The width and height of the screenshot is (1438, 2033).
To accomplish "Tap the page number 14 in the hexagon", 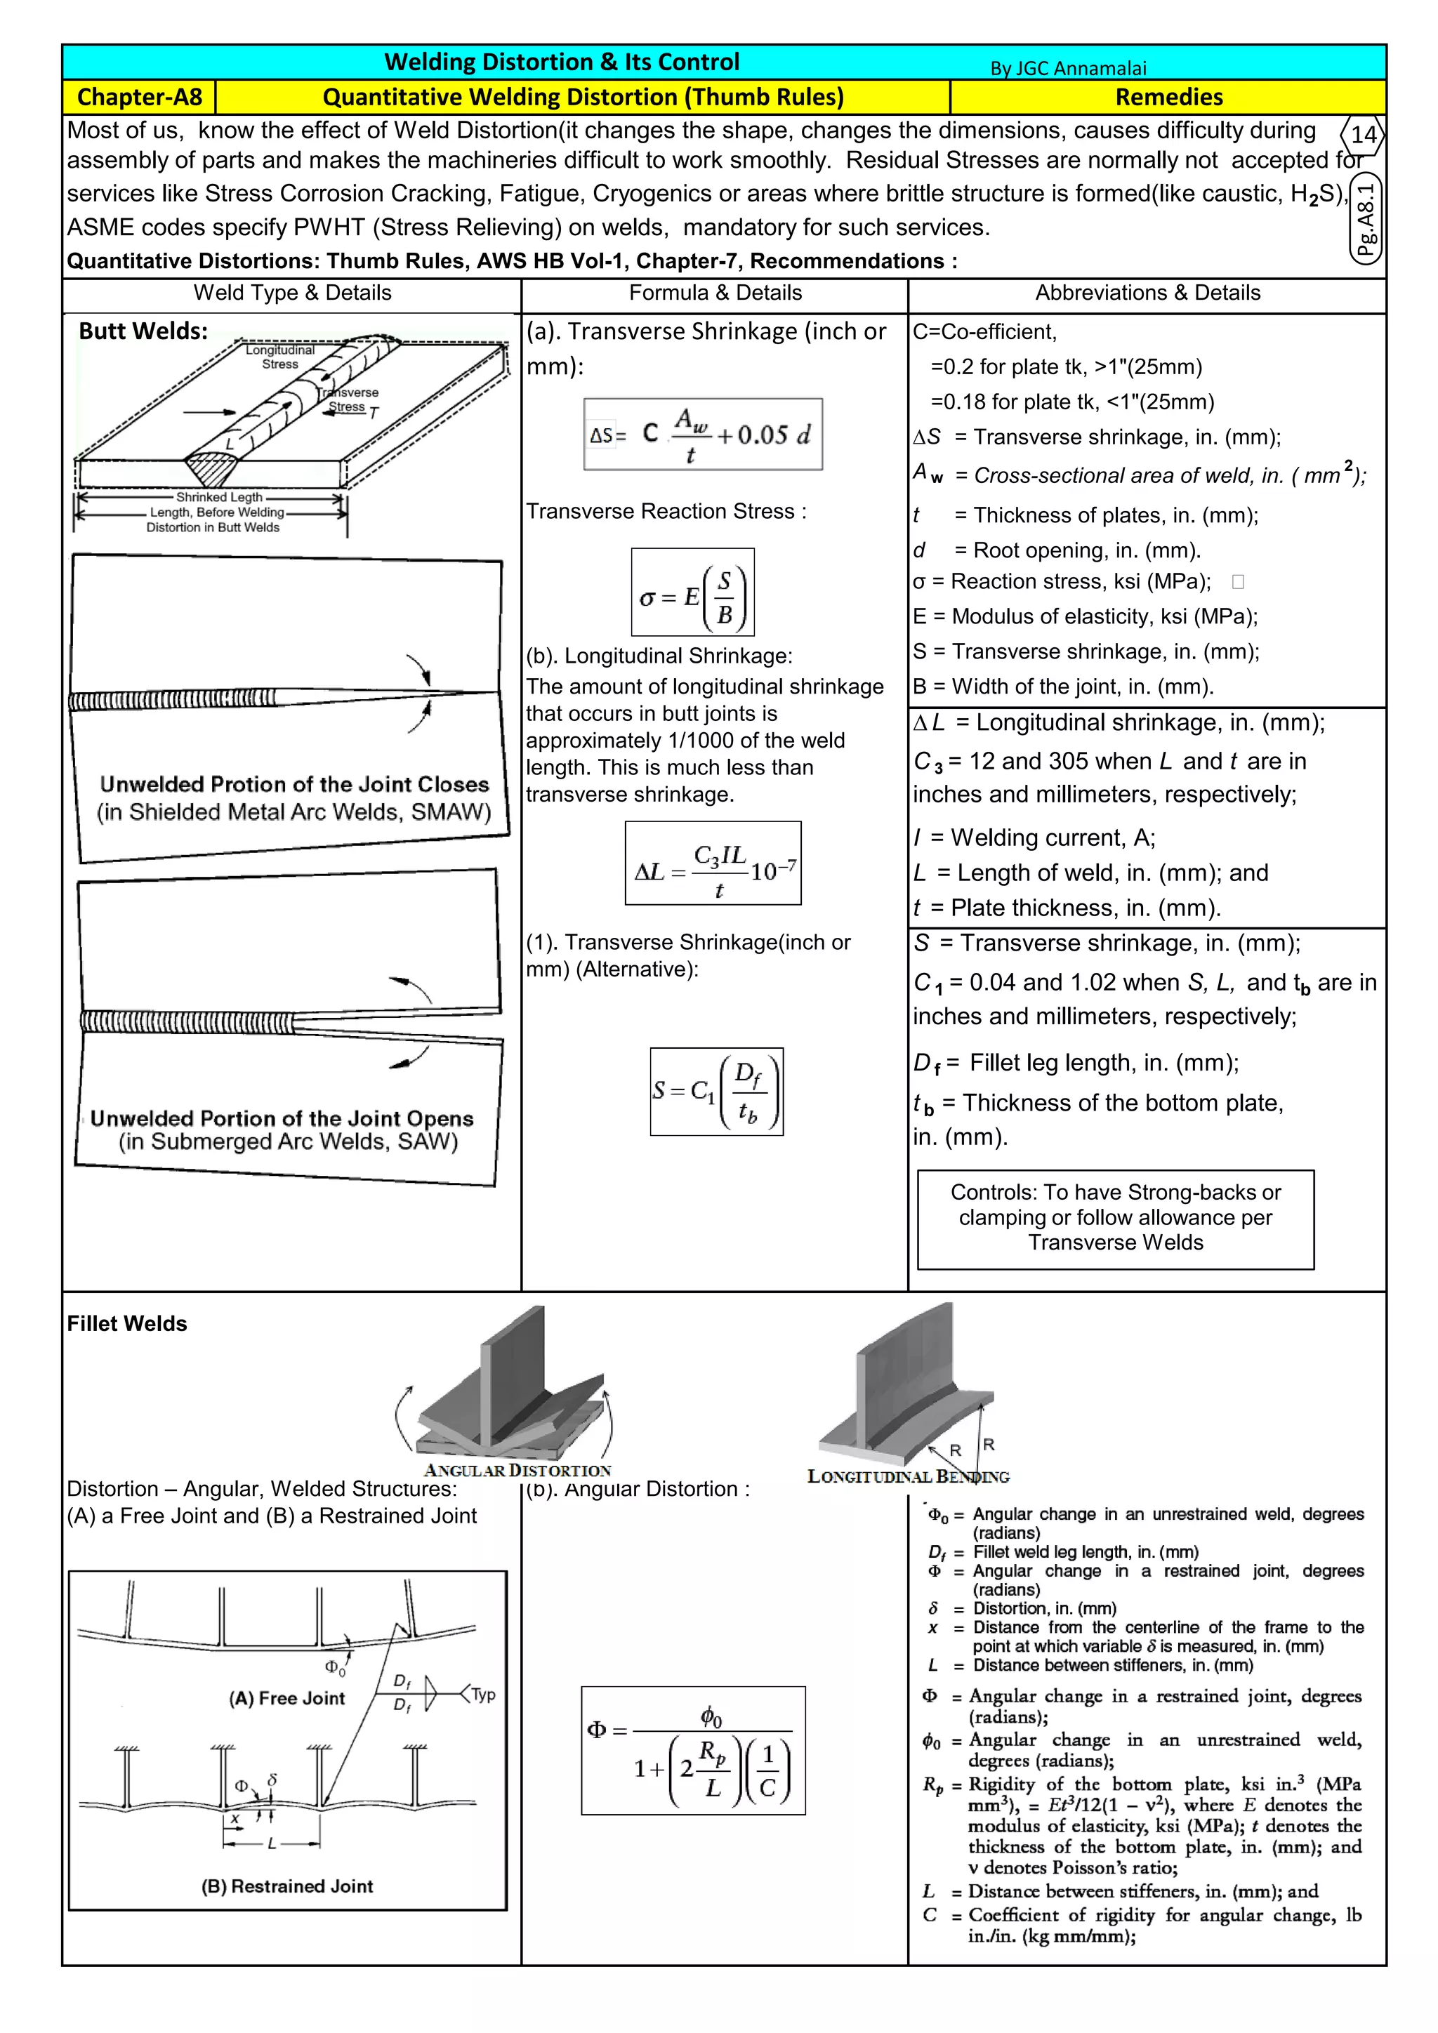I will tap(1363, 135).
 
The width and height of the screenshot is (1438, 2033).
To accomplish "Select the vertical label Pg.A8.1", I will tap(1366, 219).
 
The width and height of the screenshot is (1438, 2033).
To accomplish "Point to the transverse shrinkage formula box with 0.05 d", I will tap(702, 434).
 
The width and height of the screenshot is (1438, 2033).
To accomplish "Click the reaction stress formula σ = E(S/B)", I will tap(692, 592).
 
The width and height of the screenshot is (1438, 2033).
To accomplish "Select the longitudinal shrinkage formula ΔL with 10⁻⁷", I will tap(713, 863).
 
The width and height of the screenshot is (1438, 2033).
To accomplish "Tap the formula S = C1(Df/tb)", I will tap(716, 1091).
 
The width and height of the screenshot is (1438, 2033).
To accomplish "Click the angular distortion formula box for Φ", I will tap(692, 1751).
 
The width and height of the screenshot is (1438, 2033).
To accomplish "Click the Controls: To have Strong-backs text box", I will tap(1115, 1219).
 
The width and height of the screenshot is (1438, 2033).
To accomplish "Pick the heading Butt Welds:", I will tap(143, 331).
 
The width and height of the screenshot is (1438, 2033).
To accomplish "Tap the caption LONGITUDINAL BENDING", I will tap(908, 1477).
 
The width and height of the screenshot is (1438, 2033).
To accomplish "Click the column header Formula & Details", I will tap(715, 293).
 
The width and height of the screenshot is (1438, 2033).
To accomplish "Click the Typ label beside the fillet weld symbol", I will tap(482, 1695).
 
